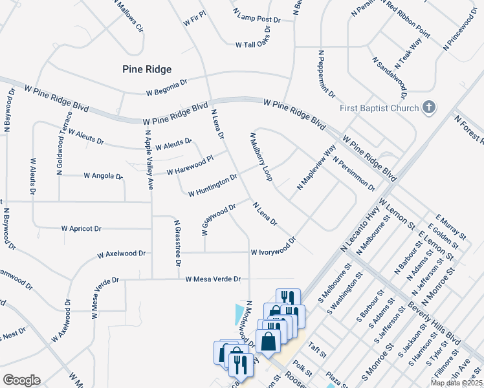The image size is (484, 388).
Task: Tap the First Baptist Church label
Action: pyautogui.click(x=380, y=107)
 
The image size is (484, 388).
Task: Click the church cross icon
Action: pyautogui.click(x=428, y=107)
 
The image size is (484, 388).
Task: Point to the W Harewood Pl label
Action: pyautogui.click(x=190, y=166)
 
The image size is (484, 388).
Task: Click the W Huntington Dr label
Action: pyautogui.click(x=213, y=185)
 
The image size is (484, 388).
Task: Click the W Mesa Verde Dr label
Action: pyautogui.click(x=213, y=279)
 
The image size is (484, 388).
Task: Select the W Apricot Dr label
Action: pyautogui.click(x=82, y=228)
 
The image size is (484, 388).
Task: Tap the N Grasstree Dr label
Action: pyautogui.click(x=176, y=243)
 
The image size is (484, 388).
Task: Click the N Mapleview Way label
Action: pyautogui.click(x=316, y=167)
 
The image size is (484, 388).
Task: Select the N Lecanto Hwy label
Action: pyautogui.click(x=360, y=226)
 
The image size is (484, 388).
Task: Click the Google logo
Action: pyautogui.click(x=21, y=380)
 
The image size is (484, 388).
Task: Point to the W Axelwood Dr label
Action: pyautogui.click(x=122, y=255)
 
